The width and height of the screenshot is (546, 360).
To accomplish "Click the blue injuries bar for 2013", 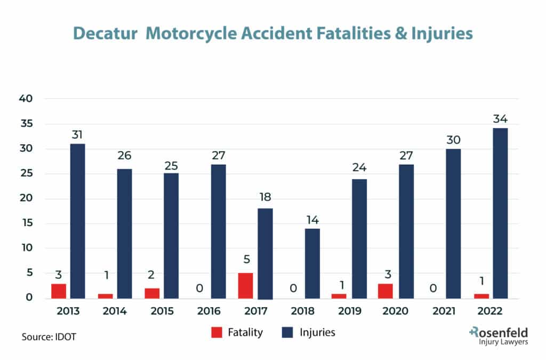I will pyautogui.click(x=77, y=221).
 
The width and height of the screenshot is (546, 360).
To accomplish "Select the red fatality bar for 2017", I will pyautogui.click(x=245, y=285).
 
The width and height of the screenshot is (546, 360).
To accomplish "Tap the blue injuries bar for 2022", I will pyautogui.click(x=500, y=213).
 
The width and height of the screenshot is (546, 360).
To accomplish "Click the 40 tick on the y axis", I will pyautogui.click(x=26, y=99).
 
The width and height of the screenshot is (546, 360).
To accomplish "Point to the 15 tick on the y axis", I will pyautogui.click(x=27, y=223).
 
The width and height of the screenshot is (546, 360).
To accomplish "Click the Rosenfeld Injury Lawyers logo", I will pyautogui.click(x=499, y=336).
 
